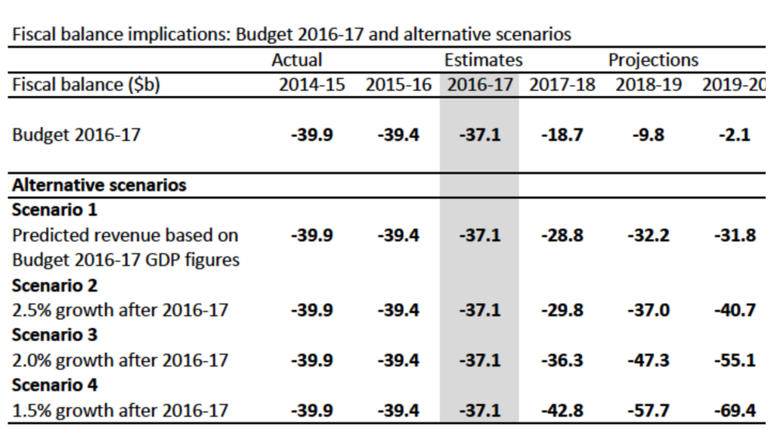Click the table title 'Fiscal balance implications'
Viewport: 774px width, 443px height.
tap(291, 34)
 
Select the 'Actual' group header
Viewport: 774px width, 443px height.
tap(296, 60)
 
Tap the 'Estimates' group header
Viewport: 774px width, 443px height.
tap(483, 60)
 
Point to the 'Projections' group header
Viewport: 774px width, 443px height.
tap(653, 60)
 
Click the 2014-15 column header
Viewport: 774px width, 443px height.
tap(311, 85)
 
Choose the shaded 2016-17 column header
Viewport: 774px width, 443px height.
tap(479, 85)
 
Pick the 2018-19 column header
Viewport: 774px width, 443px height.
tap(649, 85)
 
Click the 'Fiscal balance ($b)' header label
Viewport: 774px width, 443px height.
tap(86, 85)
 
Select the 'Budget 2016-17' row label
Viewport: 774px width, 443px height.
tap(76, 135)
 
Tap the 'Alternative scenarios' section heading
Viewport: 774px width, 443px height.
tap(99, 185)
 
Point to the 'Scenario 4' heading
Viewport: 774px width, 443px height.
tap(54, 385)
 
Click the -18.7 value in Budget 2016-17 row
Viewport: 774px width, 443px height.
tap(562, 135)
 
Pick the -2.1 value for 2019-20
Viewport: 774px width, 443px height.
tap(735, 135)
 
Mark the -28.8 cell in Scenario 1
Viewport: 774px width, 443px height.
tap(562, 235)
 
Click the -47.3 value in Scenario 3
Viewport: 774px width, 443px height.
tap(649, 359)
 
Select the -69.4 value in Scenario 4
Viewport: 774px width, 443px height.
tap(735, 410)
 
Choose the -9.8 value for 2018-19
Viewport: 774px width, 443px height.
tap(649, 135)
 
